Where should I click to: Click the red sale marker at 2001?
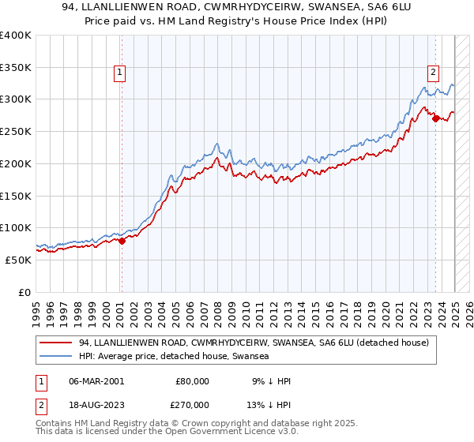click(x=122, y=241)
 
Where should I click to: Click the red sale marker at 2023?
click(x=435, y=118)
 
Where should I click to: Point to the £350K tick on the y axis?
click(x=16, y=67)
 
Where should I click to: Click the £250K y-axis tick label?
click(x=16, y=131)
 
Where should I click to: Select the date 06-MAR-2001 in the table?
click(x=96, y=381)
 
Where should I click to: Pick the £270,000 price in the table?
click(x=193, y=405)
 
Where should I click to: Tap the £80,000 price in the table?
click(x=193, y=381)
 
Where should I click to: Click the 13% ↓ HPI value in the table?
click(x=268, y=405)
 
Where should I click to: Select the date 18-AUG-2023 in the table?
click(x=96, y=405)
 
